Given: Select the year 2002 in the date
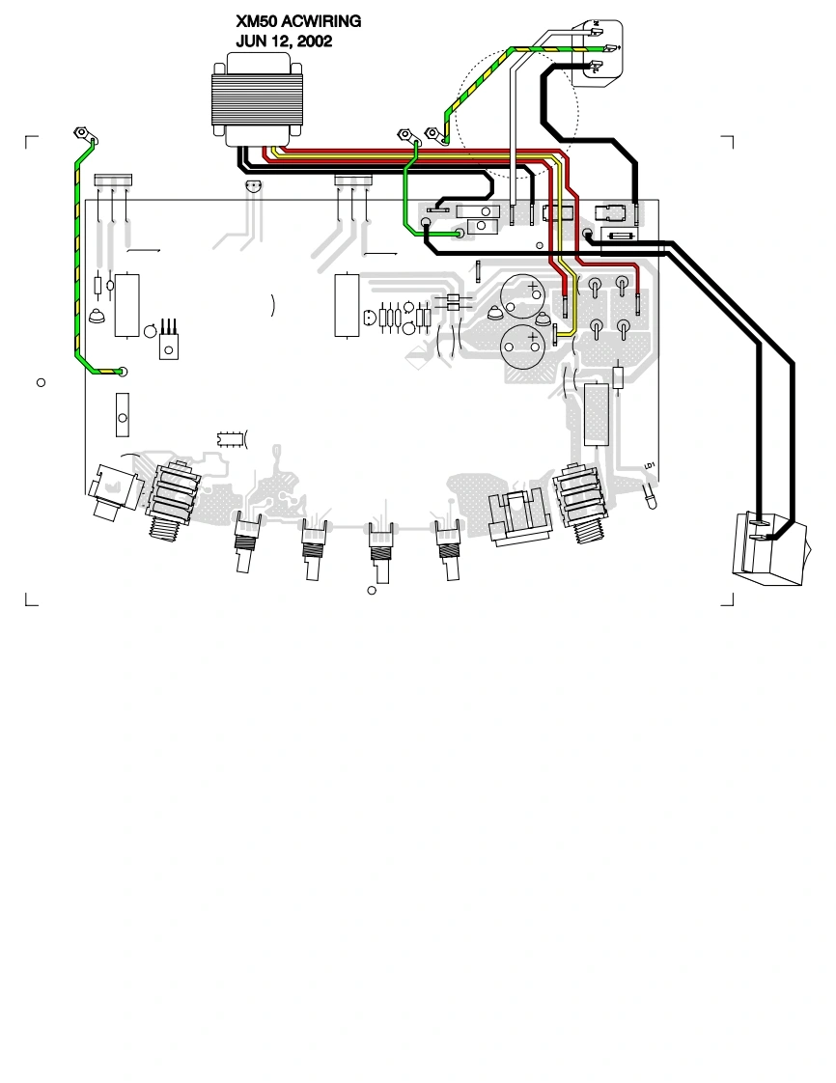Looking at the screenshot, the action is pos(312,42).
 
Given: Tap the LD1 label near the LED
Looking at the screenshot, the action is pos(651,465).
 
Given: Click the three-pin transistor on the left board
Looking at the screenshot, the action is pos(170,343).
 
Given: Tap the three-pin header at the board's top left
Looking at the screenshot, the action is pos(113,180).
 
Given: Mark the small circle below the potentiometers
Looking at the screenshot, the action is pos(371,590).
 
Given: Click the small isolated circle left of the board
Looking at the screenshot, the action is pos(41,383).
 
